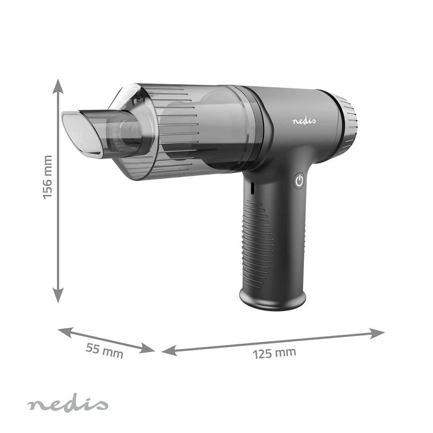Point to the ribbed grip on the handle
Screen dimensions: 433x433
(274, 238)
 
